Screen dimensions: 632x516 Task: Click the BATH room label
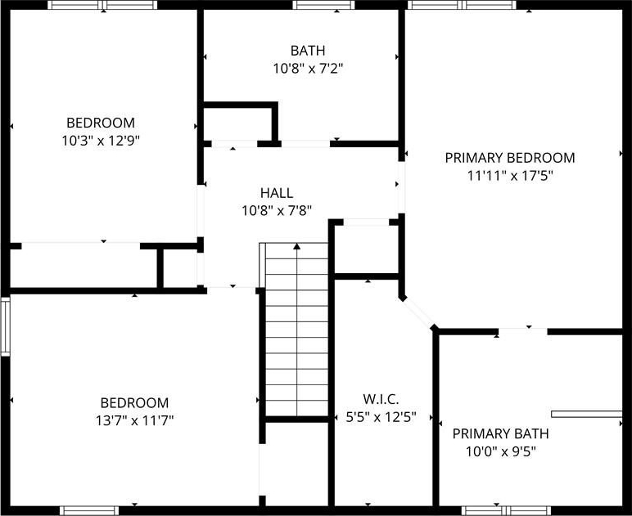[308, 51]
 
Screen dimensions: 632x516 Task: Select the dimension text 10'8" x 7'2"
[308, 69]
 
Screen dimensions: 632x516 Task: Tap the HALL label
[277, 193]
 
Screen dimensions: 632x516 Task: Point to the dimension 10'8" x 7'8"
[277, 210]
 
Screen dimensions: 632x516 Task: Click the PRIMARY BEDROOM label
[510, 158]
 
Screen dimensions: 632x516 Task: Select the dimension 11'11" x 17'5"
[510, 176]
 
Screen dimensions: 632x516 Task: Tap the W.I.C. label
[381, 399]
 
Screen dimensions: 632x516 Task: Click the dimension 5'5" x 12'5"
[381, 417]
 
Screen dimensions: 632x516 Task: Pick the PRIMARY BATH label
[500, 434]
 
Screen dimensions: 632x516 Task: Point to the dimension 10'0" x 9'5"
[500, 452]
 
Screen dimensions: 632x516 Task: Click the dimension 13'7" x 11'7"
[134, 421]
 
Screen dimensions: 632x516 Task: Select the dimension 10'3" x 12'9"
[101, 141]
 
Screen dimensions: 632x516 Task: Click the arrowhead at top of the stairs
[297, 246]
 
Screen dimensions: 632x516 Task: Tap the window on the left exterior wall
[5, 326]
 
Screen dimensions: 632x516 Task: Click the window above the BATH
[323, 5]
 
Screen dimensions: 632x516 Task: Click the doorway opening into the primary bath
[523, 332]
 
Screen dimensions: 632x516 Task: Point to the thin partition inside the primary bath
[586, 414]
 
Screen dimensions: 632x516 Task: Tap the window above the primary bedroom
[462, 5]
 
